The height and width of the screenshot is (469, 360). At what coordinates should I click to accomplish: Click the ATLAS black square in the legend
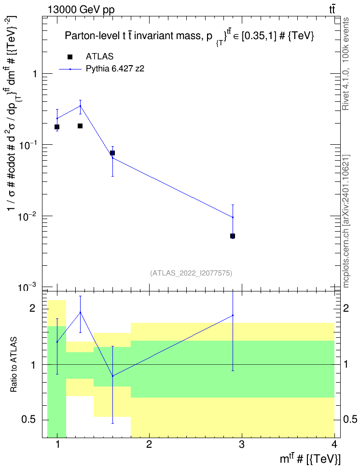70,57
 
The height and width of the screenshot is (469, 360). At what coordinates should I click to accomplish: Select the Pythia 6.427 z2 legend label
115,69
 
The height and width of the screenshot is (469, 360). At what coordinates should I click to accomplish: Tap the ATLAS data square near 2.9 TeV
233,236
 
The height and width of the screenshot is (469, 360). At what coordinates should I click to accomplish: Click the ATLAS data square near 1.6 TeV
112,153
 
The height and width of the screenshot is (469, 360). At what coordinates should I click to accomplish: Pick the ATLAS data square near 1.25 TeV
80,126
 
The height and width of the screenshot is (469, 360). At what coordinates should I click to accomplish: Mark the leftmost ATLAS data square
57,127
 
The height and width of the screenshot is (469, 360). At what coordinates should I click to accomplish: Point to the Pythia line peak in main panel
80,106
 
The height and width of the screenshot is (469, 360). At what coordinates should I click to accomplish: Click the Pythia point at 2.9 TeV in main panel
233,217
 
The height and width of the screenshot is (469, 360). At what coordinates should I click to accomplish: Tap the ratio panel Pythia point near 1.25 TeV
80,312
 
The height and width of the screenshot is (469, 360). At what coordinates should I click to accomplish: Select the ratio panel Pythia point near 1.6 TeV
112,376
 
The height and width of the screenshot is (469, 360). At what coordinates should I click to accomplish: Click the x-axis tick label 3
241,444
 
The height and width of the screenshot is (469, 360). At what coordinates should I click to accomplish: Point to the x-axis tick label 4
334,444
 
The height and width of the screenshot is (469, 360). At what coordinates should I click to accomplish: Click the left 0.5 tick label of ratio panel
28,420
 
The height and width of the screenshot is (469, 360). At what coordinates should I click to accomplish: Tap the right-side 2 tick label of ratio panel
346,308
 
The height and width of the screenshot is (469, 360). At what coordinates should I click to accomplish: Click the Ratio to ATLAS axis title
14,364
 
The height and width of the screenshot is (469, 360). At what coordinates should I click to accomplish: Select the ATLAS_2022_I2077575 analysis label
191,273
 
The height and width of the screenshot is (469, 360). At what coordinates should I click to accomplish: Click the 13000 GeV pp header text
81,10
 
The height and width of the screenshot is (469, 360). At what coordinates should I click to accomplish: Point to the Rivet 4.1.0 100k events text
346,64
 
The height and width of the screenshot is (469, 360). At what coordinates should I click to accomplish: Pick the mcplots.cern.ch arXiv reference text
346,221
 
